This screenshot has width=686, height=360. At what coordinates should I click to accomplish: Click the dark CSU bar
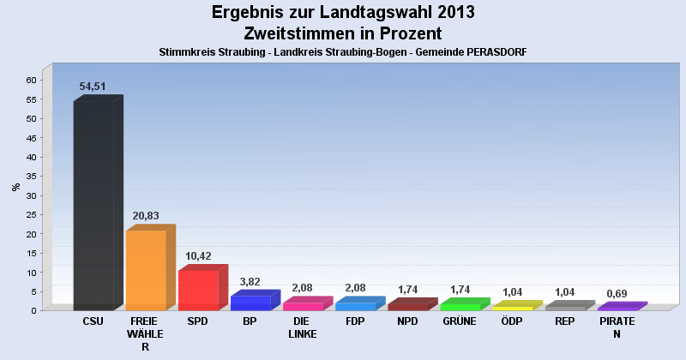click(94, 206)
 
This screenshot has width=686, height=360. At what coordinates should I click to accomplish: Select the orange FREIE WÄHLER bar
click(146, 270)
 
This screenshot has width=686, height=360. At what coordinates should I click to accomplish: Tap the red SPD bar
click(198, 290)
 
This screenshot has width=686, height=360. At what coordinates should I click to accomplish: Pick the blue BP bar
click(250, 303)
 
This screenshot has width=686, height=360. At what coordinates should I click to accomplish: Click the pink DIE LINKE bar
click(303, 306)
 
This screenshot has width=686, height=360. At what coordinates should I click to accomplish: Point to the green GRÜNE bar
click(460, 307)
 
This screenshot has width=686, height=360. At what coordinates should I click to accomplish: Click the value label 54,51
click(93, 87)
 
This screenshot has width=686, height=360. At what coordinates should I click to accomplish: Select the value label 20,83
click(146, 216)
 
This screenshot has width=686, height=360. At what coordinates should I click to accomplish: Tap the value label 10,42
click(198, 256)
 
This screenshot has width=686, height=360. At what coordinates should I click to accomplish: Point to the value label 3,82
click(250, 282)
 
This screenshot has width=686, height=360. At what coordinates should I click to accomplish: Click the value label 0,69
click(617, 294)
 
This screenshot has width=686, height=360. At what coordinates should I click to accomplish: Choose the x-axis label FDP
click(355, 321)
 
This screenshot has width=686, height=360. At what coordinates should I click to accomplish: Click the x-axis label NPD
click(407, 321)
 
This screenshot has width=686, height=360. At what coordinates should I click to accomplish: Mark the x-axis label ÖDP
click(512, 321)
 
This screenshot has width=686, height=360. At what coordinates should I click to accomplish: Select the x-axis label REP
click(564, 321)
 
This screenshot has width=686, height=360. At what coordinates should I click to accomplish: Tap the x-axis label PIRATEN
click(617, 327)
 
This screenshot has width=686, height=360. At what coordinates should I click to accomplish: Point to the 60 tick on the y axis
click(31, 80)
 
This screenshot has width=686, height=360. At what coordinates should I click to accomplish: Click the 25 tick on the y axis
click(31, 214)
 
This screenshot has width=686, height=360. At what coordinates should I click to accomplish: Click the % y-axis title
click(15, 187)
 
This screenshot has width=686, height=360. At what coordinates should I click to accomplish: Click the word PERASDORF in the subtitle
click(490, 52)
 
